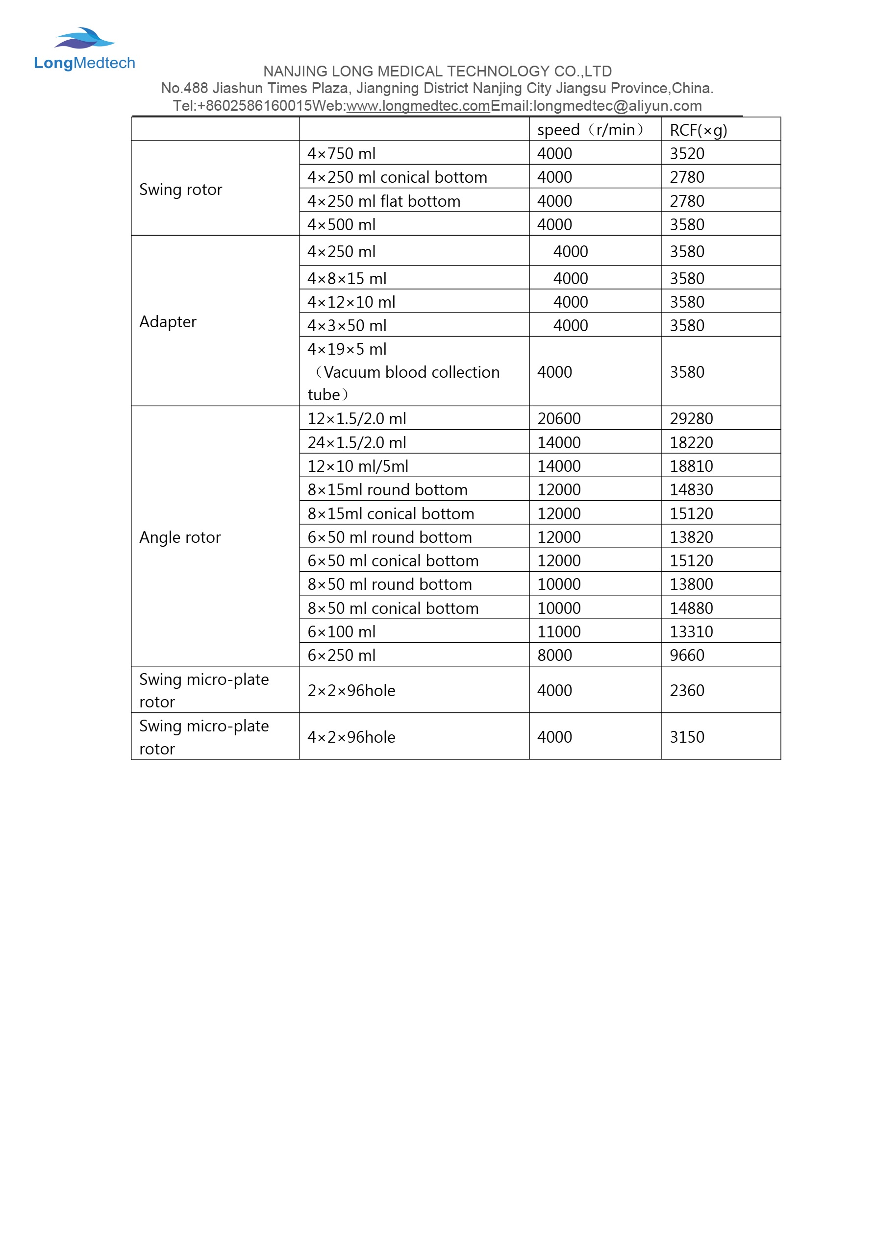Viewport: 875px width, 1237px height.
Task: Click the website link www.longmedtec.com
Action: click(x=418, y=106)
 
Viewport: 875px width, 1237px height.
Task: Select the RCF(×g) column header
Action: click(x=698, y=130)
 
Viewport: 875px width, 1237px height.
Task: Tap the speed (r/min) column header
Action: click(x=590, y=130)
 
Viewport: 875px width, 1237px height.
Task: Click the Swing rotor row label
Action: click(x=180, y=190)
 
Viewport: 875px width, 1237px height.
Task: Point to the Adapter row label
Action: click(x=168, y=322)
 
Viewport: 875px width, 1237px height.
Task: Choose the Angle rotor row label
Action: click(x=180, y=537)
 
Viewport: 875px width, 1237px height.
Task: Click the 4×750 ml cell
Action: click(x=341, y=153)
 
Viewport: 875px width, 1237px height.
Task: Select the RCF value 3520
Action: click(x=687, y=153)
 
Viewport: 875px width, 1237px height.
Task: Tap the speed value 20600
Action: click(x=559, y=418)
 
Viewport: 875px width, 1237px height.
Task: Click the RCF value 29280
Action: click(x=691, y=418)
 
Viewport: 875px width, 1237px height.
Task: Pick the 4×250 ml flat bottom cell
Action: click(x=384, y=201)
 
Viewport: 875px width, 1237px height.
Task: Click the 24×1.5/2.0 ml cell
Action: click(x=357, y=442)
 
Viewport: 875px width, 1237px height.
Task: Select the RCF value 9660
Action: click(x=687, y=655)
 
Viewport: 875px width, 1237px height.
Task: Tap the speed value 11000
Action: click(x=559, y=631)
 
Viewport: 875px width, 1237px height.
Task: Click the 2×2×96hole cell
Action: click(x=351, y=690)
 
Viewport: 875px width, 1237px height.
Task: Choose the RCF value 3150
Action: click(x=687, y=737)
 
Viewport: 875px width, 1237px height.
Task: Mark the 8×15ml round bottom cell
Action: click(x=388, y=490)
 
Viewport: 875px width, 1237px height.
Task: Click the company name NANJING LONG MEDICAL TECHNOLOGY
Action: click(x=437, y=71)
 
